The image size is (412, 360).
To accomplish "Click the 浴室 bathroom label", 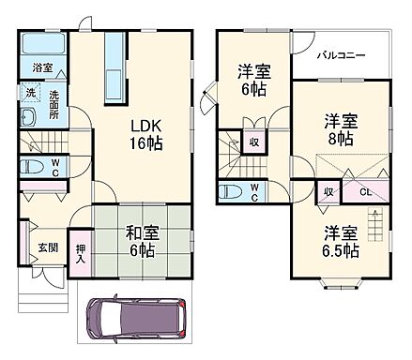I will point(41,68).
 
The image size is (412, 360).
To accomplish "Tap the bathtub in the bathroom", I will point(41,44).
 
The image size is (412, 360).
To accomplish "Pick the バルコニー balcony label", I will point(340,55).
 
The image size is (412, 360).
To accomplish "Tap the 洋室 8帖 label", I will point(342,129).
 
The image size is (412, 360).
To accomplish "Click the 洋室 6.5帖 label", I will point(339,241).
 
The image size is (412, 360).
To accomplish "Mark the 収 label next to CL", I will point(328,191).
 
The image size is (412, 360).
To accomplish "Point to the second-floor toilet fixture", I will point(231,192).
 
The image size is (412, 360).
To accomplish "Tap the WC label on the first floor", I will point(54,167).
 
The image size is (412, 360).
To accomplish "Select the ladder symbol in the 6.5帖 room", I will point(374,225).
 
